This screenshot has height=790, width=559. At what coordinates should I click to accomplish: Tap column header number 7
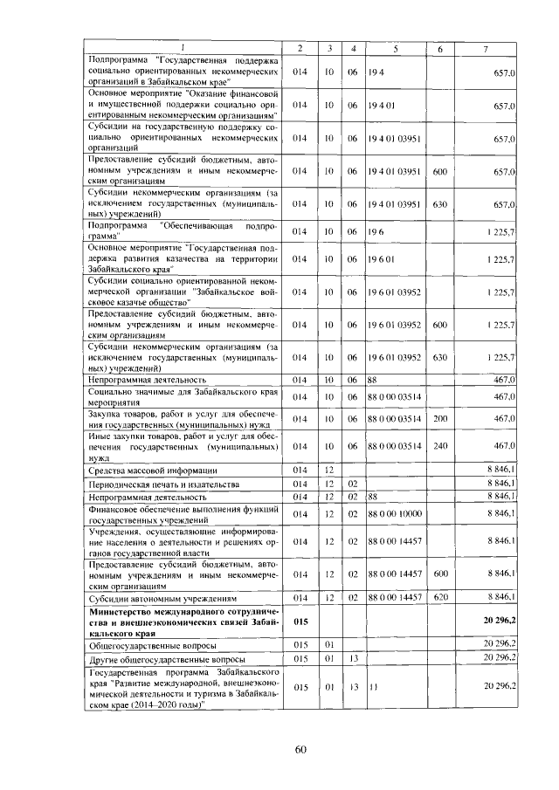[485, 47]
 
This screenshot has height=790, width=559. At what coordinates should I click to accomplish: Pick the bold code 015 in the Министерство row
[300, 619]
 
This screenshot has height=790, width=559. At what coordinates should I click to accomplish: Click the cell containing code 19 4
[377, 71]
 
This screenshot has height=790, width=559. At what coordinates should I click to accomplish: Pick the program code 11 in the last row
[373, 687]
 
